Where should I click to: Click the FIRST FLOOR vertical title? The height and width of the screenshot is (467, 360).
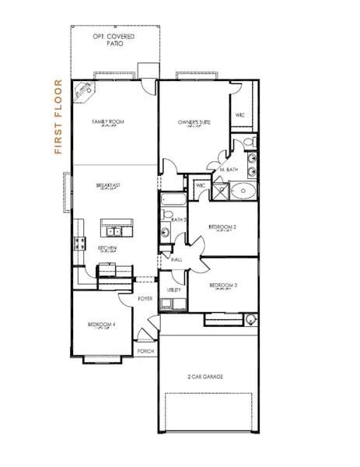tap(57, 117)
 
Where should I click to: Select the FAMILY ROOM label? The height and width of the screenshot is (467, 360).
tap(108, 122)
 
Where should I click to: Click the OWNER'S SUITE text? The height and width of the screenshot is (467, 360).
tap(194, 122)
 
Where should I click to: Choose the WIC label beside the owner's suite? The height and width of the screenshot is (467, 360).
tap(240, 115)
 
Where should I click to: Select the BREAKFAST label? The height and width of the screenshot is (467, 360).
tap(108, 185)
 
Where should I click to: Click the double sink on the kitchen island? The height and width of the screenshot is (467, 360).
tap(114, 231)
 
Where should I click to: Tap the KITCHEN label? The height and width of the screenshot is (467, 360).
tap(107, 248)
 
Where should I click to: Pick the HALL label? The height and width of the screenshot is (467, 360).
tap(177, 260)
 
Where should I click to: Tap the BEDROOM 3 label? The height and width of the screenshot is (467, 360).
tap(224, 286)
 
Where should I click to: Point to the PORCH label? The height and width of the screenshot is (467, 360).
tap(145, 350)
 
